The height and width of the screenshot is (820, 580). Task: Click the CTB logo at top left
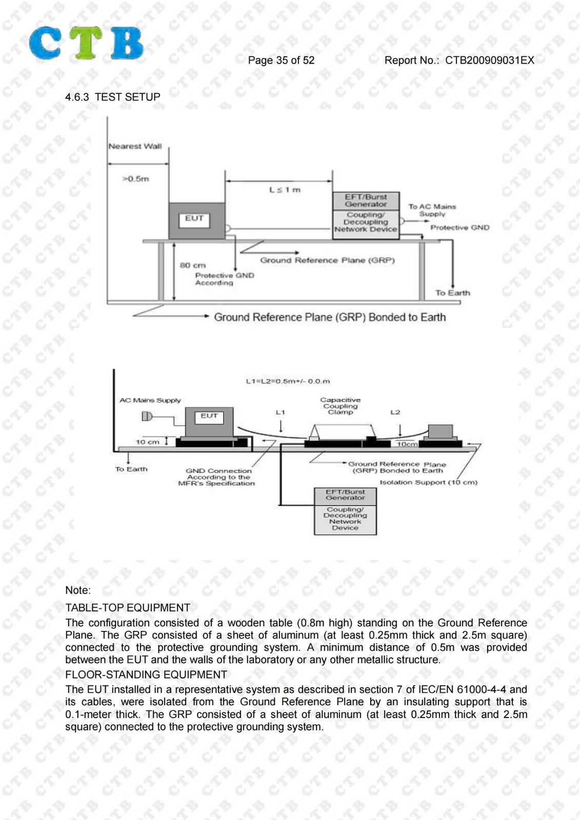click(86, 43)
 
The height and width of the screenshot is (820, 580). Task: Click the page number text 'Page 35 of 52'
click(281, 60)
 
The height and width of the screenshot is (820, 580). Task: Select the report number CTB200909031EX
click(490, 60)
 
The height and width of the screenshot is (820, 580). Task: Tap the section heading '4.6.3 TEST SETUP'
click(112, 97)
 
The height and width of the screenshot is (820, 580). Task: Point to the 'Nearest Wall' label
click(135, 147)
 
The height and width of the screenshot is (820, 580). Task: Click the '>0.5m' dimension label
click(135, 179)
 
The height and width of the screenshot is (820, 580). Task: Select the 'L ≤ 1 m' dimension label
click(285, 190)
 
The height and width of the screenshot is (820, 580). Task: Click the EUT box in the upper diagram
click(197, 221)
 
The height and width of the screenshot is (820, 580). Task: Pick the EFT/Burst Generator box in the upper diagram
click(366, 201)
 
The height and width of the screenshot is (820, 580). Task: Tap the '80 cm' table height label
click(192, 265)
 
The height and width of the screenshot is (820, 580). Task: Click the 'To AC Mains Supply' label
click(432, 211)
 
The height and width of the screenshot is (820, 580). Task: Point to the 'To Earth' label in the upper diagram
click(452, 293)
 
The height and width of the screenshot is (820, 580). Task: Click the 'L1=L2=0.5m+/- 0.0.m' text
click(288, 381)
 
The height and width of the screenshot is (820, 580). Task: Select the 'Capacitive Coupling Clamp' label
click(341, 406)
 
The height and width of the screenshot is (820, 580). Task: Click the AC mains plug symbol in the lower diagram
click(147, 416)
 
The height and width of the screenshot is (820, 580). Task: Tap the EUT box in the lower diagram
click(209, 422)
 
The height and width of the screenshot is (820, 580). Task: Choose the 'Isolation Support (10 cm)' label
click(428, 482)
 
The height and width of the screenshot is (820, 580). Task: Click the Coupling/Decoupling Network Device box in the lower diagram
click(345, 520)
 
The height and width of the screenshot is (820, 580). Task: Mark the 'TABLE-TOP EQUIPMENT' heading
click(128, 608)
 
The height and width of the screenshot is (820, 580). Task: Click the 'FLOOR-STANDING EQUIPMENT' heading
click(146, 674)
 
